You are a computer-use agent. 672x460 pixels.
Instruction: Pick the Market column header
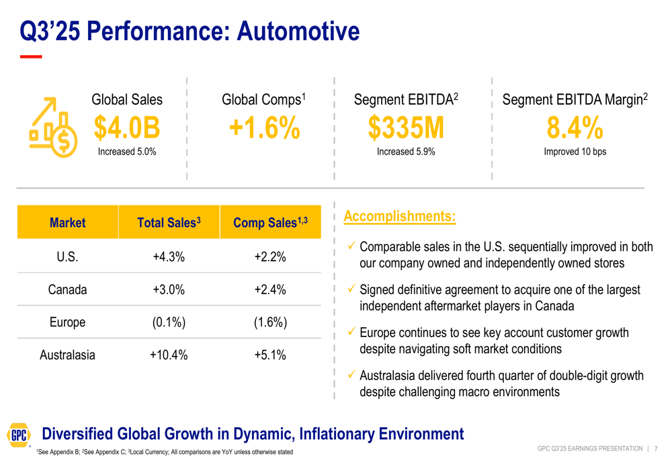(x=67, y=222)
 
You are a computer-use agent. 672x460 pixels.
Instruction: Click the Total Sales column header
(x=169, y=222)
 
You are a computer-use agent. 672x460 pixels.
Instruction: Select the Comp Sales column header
(x=270, y=222)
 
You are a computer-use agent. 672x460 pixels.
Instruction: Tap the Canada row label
(x=67, y=289)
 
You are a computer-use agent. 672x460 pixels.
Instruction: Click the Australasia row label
(x=67, y=355)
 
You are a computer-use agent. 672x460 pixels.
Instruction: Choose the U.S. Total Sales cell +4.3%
(x=169, y=257)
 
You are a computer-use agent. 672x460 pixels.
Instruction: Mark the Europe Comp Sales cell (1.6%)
(x=270, y=322)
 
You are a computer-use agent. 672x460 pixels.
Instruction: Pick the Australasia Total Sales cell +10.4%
(x=169, y=355)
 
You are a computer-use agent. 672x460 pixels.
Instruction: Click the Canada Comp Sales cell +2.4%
(x=270, y=289)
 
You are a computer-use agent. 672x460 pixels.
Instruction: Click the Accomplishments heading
(x=399, y=216)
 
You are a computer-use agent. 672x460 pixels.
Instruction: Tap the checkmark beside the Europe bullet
(x=351, y=332)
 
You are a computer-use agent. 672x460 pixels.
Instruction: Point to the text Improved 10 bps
(x=575, y=152)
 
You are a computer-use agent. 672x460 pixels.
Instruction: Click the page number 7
(x=655, y=449)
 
